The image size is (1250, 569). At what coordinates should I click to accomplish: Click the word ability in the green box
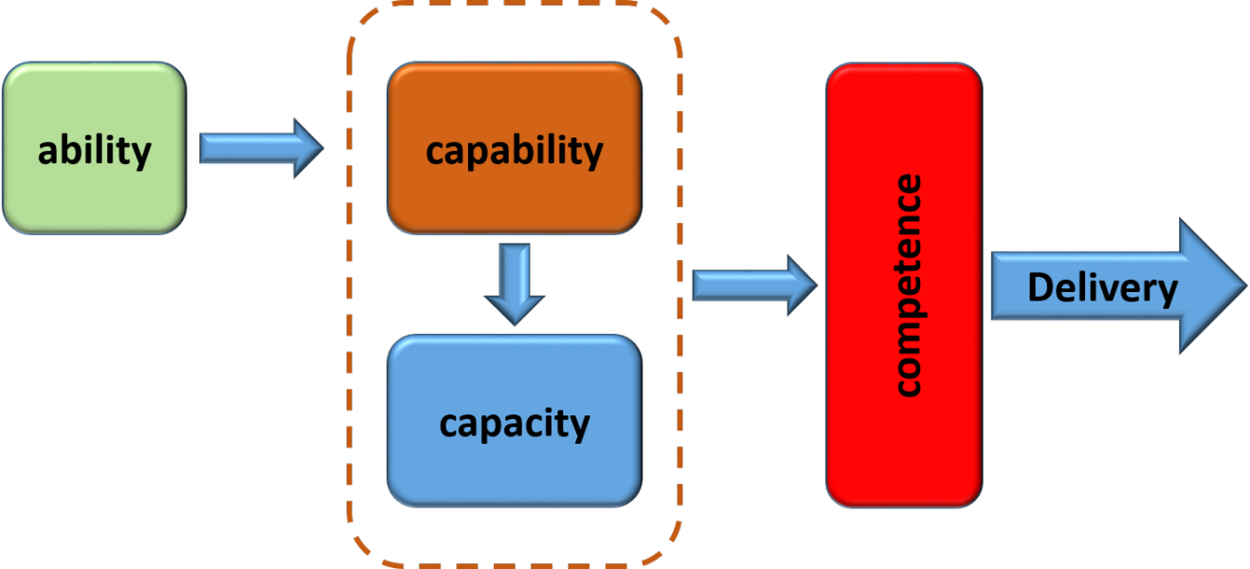tap(94, 151)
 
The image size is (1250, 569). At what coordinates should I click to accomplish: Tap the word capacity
tap(515, 423)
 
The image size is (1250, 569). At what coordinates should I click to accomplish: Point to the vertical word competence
tap(907, 285)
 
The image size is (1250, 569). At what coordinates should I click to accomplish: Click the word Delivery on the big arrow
tap(1102, 287)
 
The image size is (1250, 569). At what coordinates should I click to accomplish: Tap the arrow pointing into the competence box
tap(749, 284)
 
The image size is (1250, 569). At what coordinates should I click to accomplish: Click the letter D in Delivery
tap(1041, 287)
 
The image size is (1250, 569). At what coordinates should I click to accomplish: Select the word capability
tap(515, 151)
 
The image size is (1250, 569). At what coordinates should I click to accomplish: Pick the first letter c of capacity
tap(449, 425)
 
